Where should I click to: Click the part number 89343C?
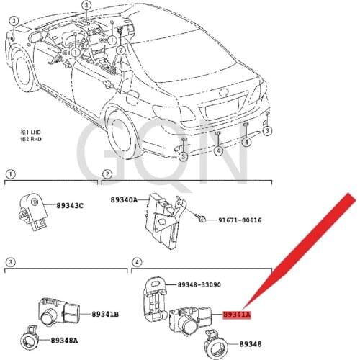[70, 206]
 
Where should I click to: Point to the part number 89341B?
[105, 314]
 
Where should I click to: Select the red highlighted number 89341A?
[237, 315]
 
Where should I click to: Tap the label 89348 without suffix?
[251, 345]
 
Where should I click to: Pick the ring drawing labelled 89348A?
[33, 335]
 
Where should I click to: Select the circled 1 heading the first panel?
[9, 174]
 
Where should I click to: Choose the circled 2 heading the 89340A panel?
[106, 174]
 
